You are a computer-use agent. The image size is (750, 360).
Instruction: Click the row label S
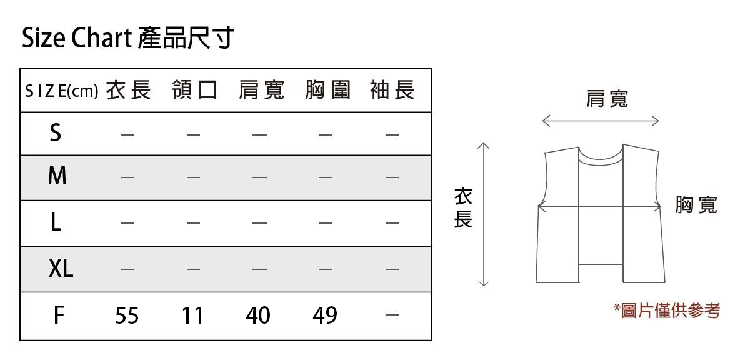pyautogui.click(x=56, y=133)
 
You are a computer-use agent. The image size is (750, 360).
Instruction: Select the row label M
pyautogui.click(x=57, y=177)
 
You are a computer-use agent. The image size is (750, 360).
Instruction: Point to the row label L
pyautogui.click(x=56, y=222)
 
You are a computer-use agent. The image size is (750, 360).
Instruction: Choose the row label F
pyautogui.click(x=58, y=316)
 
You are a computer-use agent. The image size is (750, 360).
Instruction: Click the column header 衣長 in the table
pyautogui.click(x=128, y=91)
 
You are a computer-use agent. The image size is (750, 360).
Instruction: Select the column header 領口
pyautogui.click(x=194, y=91)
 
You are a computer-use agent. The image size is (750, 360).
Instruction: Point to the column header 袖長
pyautogui.click(x=392, y=91)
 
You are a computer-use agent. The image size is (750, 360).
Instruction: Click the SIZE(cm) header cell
pyautogui.click(x=61, y=92)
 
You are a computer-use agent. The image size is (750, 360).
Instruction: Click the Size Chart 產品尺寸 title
pyautogui.click(x=127, y=38)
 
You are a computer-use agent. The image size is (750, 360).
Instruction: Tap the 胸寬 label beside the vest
pyautogui.click(x=696, y=204)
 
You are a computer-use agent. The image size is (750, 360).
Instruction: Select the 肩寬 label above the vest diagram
pyautogui.click(x=607, y=98)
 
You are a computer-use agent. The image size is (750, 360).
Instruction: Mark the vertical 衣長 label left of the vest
pyautogui.click(x=463, y=209)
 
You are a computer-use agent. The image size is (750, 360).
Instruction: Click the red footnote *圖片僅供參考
pyautogui.click(x=666, y=311)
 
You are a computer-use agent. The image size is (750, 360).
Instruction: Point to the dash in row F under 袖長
pyautogui.click(x=392, y=316)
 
